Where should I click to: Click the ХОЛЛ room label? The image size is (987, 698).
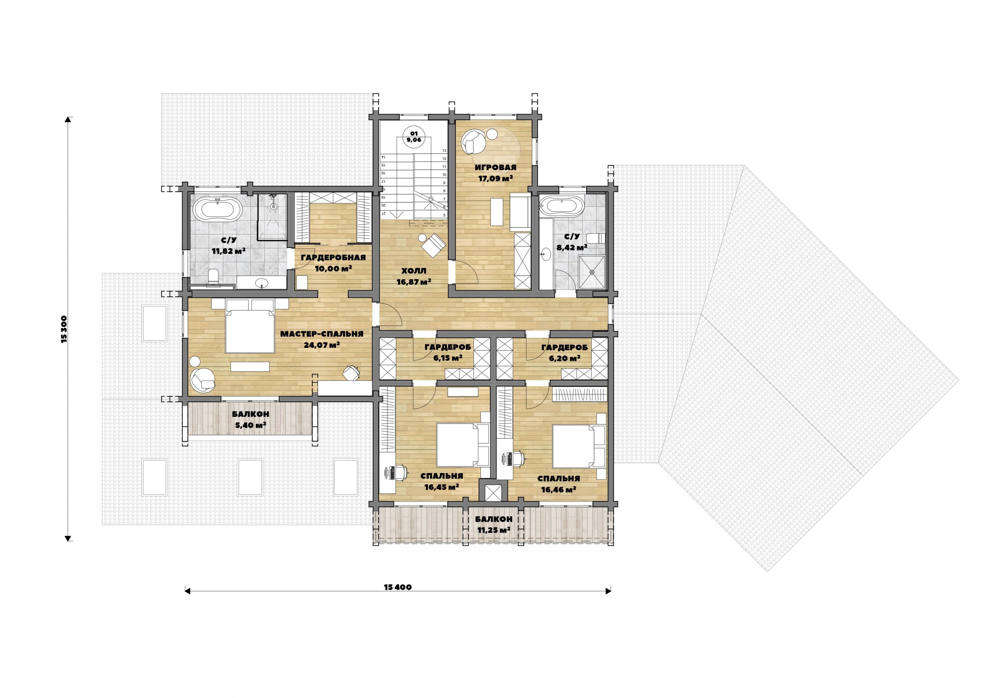pyautogui.click(x=414, y=271)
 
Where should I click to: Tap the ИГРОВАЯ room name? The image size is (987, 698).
pyautogui.click(x=495, y=168)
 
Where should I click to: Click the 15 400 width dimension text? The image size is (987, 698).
pyautogui.click(x=397, y=587)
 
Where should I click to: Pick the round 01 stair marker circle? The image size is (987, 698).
pyautogui.click(x=414, y=137)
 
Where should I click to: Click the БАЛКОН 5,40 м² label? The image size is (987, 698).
pyautogui.click(x=250, y=419)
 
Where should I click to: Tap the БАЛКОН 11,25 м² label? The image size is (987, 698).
pyautogui.click(x=493, y=524)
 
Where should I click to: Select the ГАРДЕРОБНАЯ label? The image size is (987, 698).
pyautogui.click(x=333, y=258)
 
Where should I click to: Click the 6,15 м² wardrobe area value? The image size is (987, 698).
pyautogui.click(x=448, y=358)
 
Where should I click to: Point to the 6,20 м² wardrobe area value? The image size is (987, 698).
pyautogui.click(x=565, y=358)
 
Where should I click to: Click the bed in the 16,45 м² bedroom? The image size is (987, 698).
pyautogui.click(x=463, y=445)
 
